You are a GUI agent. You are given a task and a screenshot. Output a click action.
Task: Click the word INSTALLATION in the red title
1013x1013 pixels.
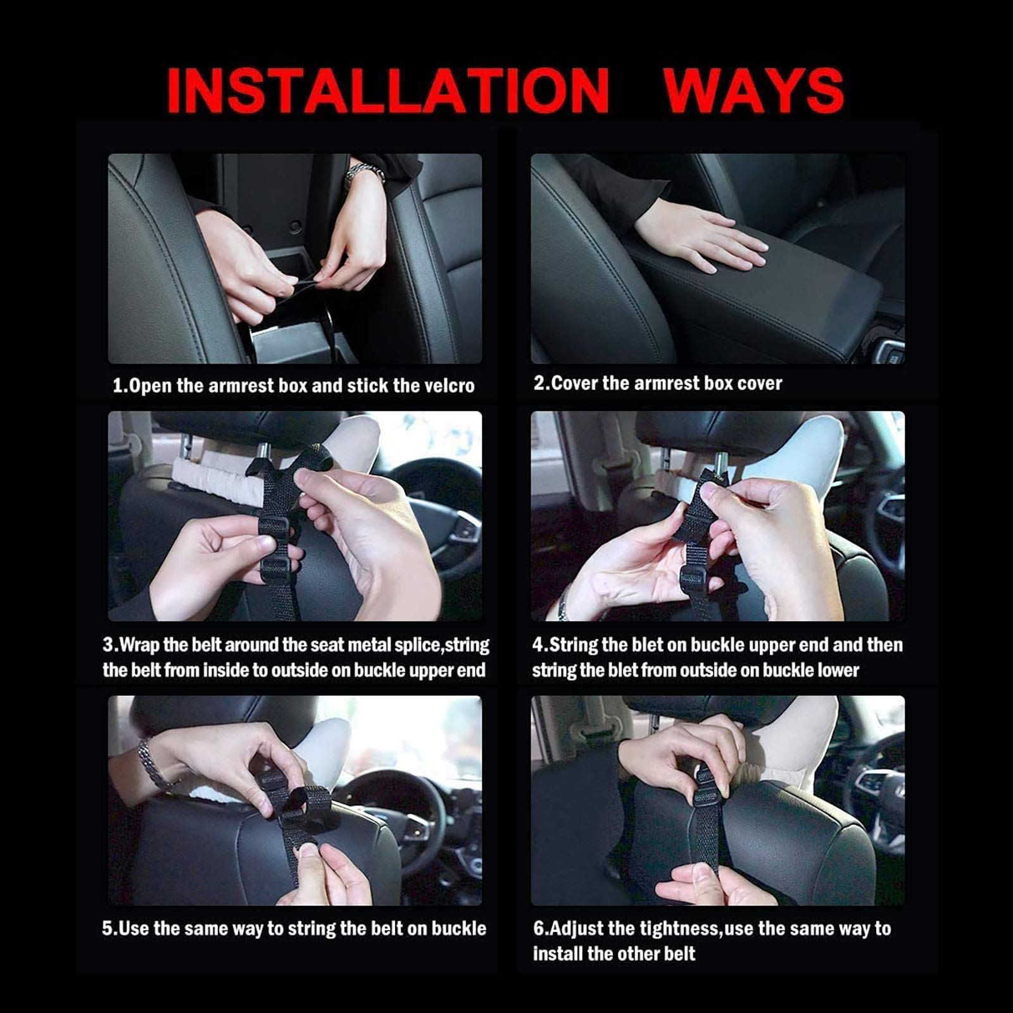click(387, 91)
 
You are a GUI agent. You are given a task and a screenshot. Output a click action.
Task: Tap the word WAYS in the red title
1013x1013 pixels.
click(753, 91)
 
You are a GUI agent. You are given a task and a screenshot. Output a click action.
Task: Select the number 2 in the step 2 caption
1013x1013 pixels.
click(539, 383)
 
